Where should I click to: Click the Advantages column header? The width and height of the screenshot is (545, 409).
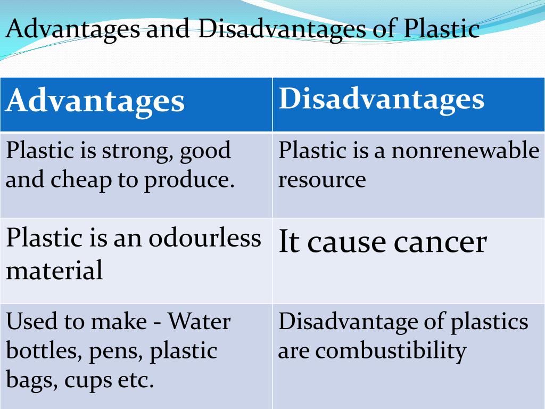click(95, 102)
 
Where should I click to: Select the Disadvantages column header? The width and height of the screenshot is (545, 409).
click(381, 100)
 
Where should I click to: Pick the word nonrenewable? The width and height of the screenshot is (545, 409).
click(465, 151)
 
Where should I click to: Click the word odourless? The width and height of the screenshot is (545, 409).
click(205, 239)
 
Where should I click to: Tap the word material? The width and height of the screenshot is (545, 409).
click(54, 270)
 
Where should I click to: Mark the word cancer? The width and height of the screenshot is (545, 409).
click(440, 243)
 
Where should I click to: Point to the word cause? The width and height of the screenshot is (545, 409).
click(346, 243)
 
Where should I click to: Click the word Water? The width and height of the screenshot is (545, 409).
click(200, 321)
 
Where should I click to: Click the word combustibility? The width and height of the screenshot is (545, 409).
click(391, 351)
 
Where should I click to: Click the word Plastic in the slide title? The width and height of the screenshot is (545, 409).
click(442, 29)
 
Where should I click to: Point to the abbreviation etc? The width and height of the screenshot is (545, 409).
click(136, 380)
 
